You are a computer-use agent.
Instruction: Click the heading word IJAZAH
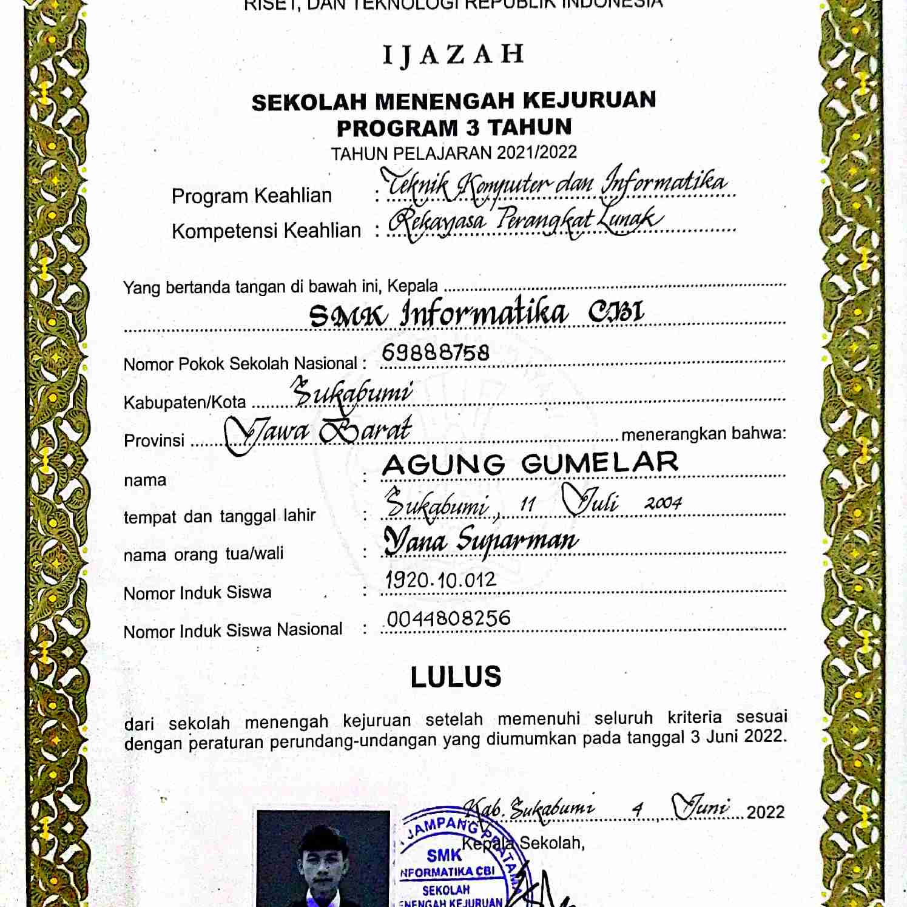coord(453,55)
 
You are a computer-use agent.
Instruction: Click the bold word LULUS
coord(456,676)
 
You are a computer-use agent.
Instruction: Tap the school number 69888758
coord(436,352)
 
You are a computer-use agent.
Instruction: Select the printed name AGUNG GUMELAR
coord(530,464)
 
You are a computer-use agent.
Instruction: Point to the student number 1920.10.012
coord(441,581)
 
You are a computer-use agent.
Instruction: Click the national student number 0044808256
coord(449,618)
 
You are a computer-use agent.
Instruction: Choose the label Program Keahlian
coord(251,196)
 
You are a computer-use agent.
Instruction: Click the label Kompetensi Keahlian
coord(266,231)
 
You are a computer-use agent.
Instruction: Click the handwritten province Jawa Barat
coord(319,432)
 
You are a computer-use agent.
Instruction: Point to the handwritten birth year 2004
coord(663,503)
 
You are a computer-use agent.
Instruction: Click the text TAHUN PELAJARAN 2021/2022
coord(454,153)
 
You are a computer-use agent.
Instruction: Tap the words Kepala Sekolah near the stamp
coord(523,843)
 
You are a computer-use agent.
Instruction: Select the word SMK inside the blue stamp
coord(443,855)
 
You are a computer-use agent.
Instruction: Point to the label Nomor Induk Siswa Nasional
coord(233,630)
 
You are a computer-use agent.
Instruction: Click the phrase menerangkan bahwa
coord(703,434)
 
